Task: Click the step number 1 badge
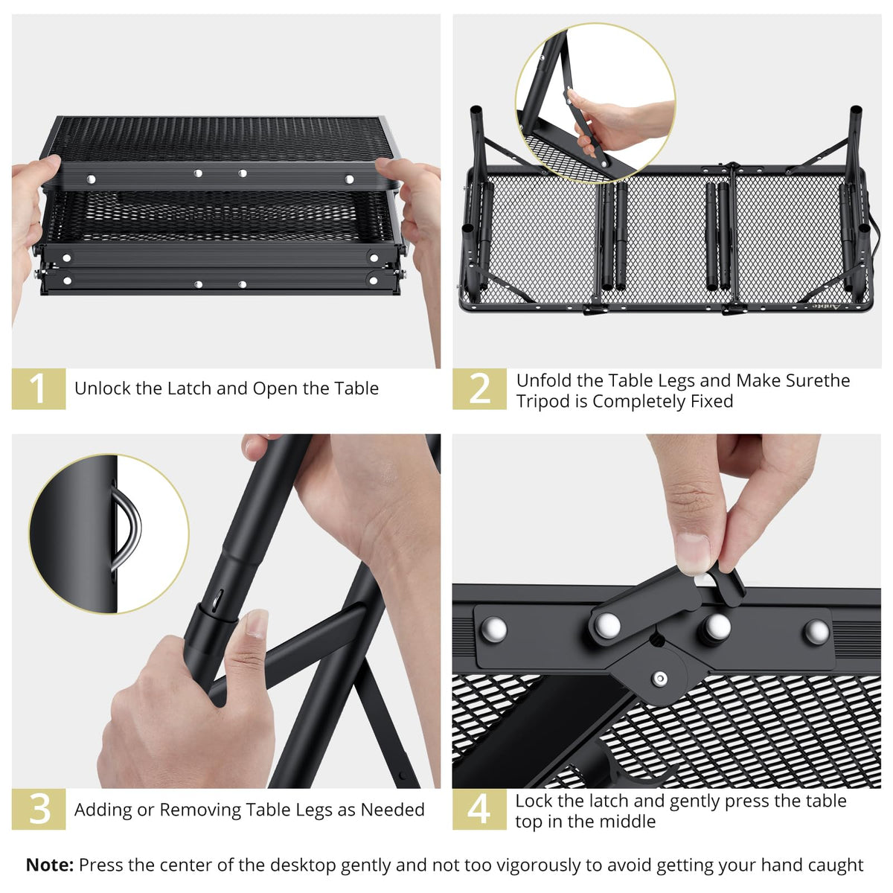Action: pyautogui.click(x=39, y=388)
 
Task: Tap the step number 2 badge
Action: pyautogui.click(x=479, y=388)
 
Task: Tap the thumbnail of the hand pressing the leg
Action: pyautogui.click(x=595, y=103)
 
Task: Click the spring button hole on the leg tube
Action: pyautogui.click(x=219, y=600)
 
